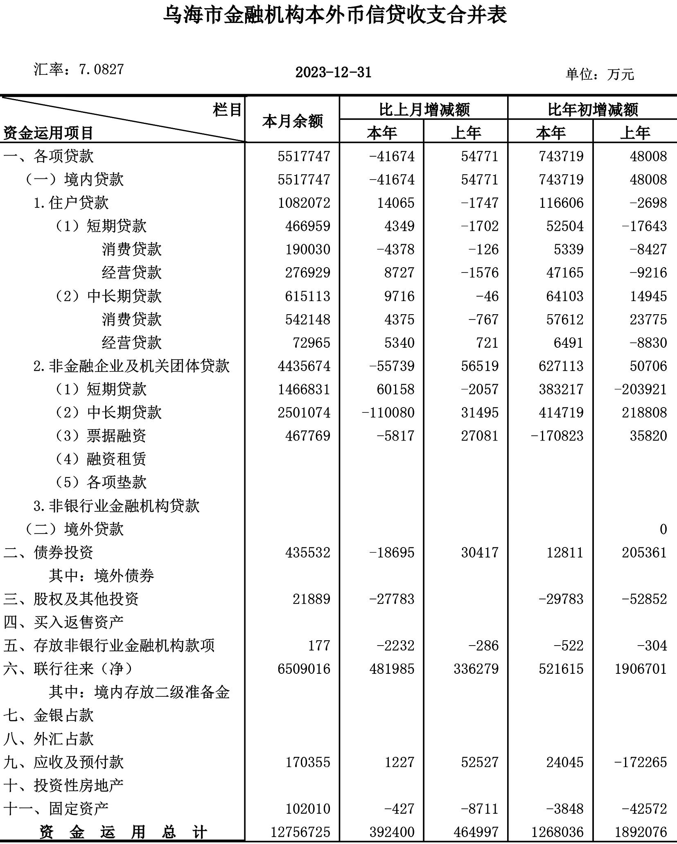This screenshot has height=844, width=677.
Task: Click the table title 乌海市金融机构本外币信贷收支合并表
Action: tap(335, 15)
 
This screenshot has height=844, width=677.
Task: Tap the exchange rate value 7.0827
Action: tap(101, 70)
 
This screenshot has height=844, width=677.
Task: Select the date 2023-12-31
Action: tap(333, 73)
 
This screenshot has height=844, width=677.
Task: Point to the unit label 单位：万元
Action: tap(600, 74)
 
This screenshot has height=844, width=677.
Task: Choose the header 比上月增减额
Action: tap(424, 110)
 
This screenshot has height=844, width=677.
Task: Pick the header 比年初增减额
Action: tap(593, 110)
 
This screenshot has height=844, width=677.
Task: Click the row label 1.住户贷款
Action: tap(71, 203)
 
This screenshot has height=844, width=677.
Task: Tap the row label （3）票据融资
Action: tap(101, 436)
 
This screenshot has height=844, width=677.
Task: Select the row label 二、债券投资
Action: tap(49, 552)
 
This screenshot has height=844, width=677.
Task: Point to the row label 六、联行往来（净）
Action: tap(68, 669)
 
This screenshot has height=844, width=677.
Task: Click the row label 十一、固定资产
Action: tap(56, 808)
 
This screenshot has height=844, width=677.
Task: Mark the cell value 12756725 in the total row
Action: tap(300, 832)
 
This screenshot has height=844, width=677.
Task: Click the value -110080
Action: tap(388, 412)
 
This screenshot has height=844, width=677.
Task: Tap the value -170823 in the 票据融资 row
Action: tap(557, 436)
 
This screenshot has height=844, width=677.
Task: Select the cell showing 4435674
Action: tap(304, 366)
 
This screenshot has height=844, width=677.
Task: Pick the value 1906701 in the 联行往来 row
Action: tap(641, 669)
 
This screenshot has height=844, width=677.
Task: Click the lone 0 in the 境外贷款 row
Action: tap(663, 529)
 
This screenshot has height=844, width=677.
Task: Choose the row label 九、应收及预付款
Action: tap(64, 762)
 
